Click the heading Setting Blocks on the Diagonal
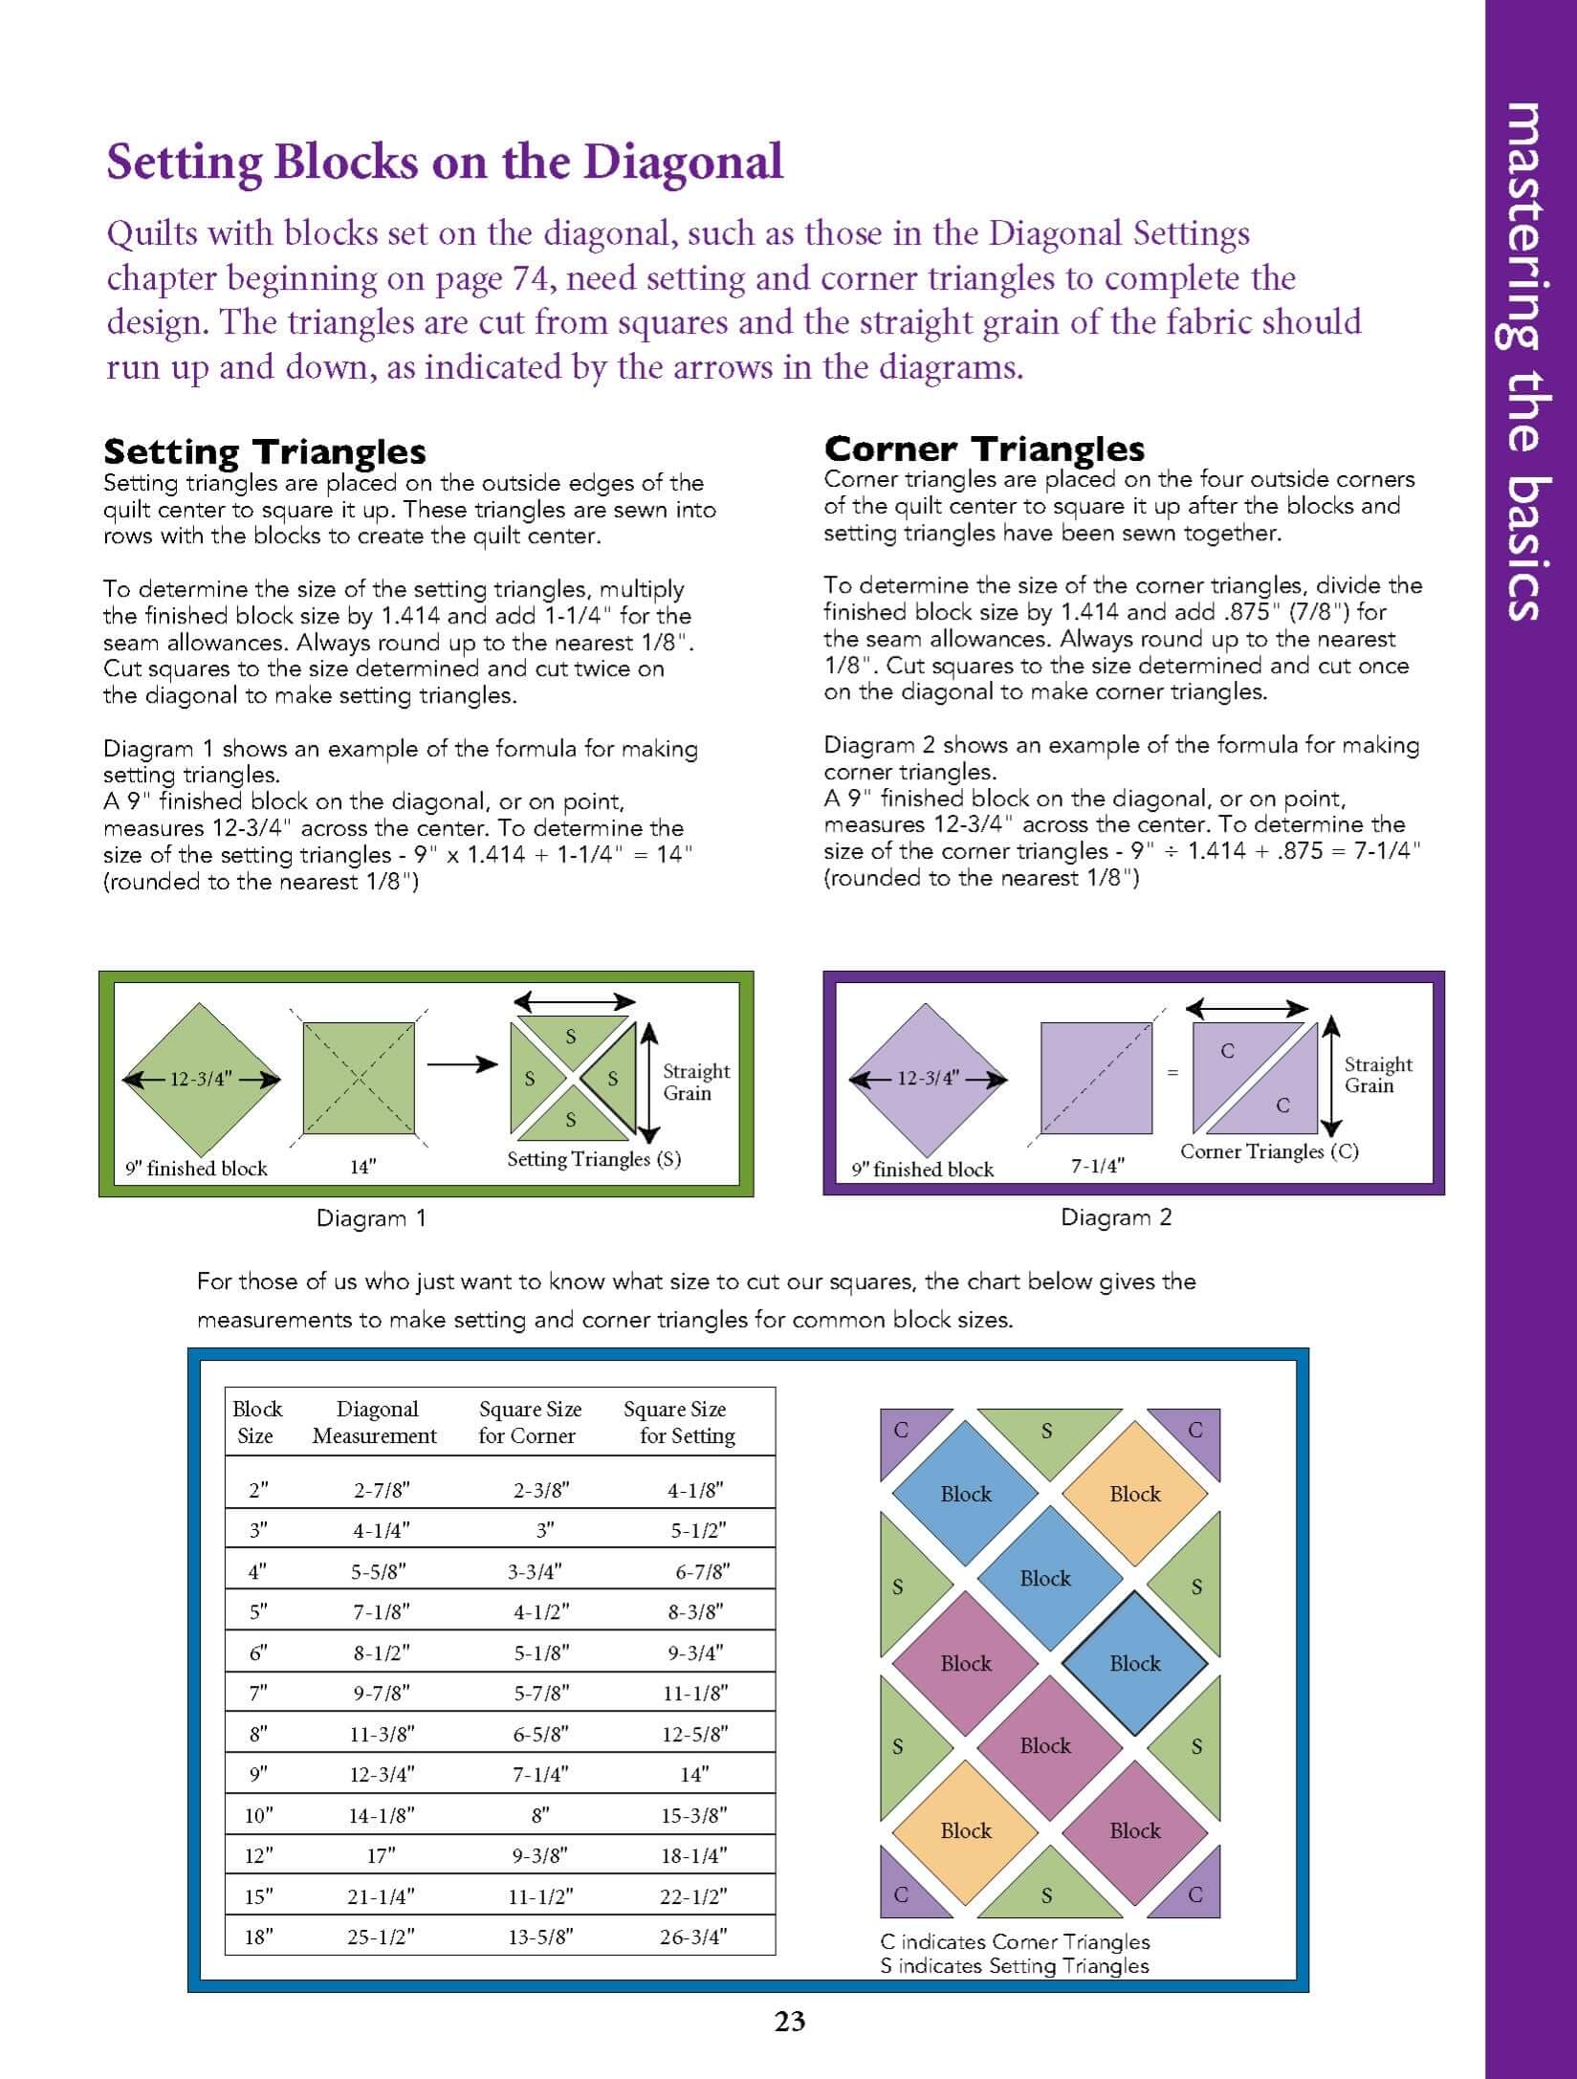[445, 161]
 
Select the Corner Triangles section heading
[984, 448]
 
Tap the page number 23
[790, 2021]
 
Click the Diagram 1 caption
[371, 1218]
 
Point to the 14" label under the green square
[362, 1167]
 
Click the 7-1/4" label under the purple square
[1097, 1167]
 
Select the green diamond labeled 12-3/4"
[200, 1080]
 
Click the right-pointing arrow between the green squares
[462, 1064]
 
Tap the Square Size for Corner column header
[529, 1422]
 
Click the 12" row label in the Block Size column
[258, 1856]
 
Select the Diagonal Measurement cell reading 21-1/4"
[381, 1896]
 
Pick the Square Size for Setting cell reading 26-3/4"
[693, 1937]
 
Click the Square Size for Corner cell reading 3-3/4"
[534, 1571]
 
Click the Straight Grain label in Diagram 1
[695, 1082]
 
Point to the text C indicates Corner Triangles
[1015, 1942]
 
